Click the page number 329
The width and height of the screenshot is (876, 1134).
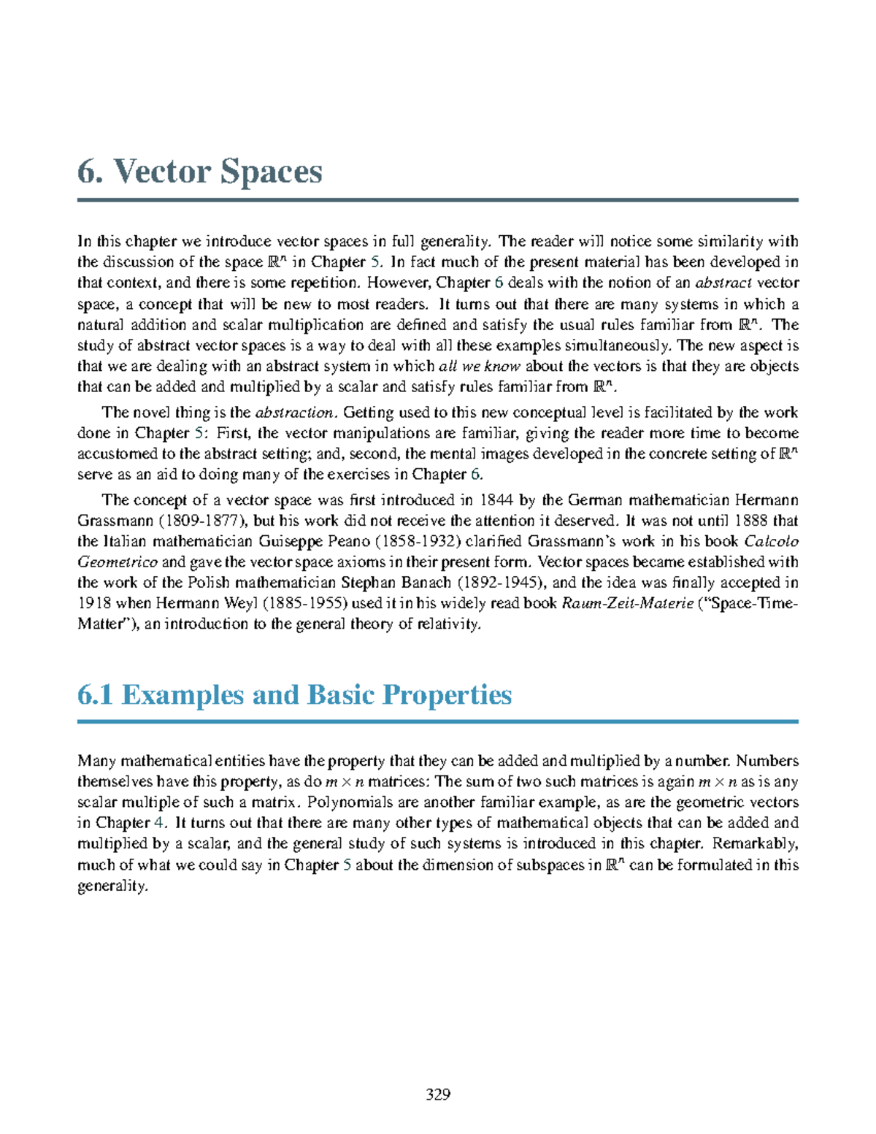click(438, 1094)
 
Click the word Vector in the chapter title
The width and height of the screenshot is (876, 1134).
click(161, 172)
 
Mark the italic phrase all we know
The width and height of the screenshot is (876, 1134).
click(479, 366)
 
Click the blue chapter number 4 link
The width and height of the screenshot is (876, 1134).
click(158, 823)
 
